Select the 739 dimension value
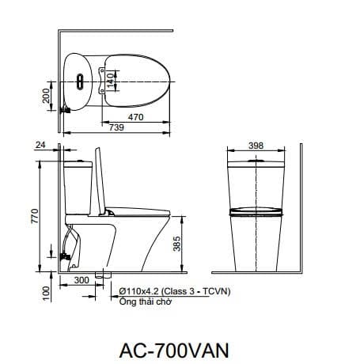(116, 128)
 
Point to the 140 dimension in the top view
(111, 79)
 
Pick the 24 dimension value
(40, 146)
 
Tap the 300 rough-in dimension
(81, 281)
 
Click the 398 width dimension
(255, 146)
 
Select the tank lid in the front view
(255, 164)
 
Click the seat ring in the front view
(255, 213)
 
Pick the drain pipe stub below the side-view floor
(100, 276)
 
